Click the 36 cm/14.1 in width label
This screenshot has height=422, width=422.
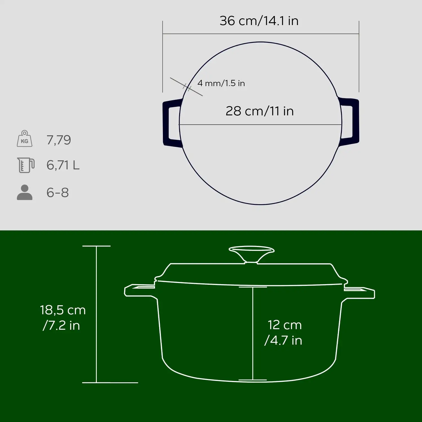(259, 21)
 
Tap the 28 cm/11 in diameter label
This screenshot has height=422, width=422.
(259, 111)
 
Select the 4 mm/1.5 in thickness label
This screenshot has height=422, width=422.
(221, 83)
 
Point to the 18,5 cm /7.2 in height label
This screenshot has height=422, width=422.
(62, 318)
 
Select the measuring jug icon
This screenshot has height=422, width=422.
(26, 165)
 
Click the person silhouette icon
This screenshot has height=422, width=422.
(24, 192)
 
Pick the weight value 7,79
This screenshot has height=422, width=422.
(59, 140)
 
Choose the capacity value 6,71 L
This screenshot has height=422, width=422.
(63, 165)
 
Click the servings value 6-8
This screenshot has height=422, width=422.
(57, 193)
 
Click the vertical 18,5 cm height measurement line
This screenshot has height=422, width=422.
(96, 281)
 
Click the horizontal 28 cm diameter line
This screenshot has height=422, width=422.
(214, 125)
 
